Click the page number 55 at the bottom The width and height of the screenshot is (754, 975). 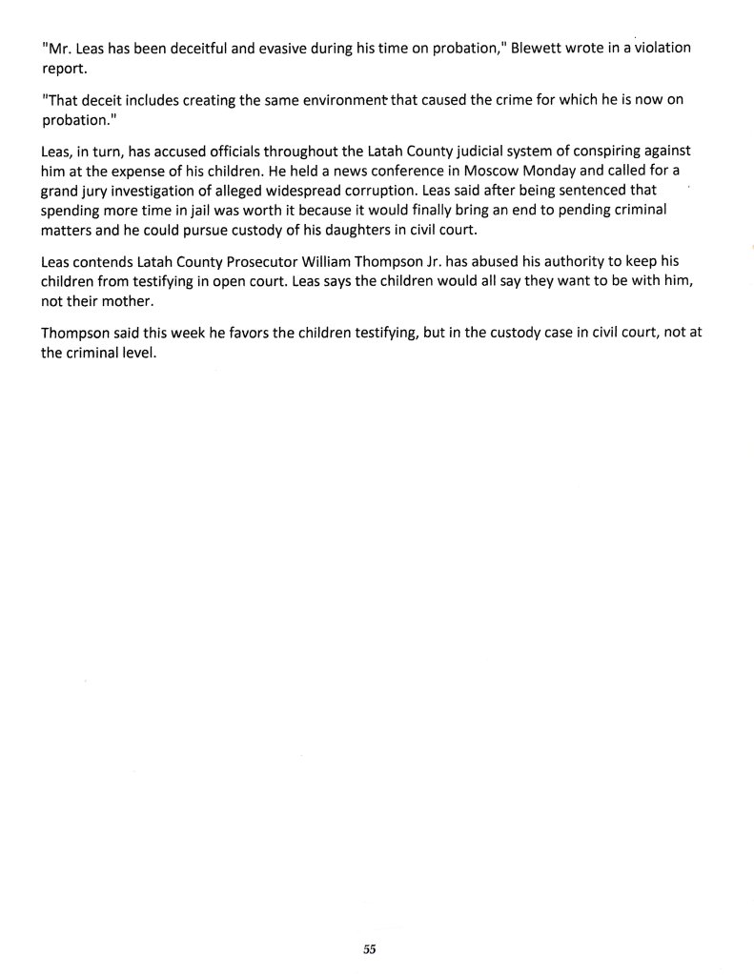pyautogui.click(x=370, y=948)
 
